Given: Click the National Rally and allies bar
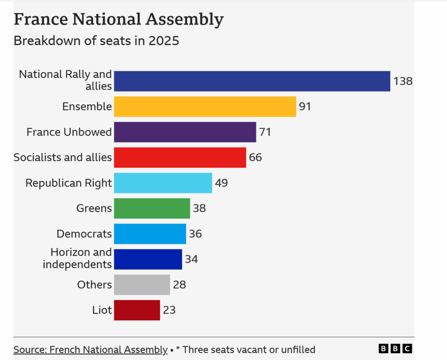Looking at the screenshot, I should click(x=252, y=81).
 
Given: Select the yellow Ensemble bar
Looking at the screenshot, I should click(x=205, y=107).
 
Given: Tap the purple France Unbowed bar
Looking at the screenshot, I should click(x=185, y=132).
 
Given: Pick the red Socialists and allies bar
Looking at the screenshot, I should click(x=180, y=157).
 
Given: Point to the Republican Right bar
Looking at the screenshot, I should click(x=163, y=183).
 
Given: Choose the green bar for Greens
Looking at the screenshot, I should click(x=152, y=208).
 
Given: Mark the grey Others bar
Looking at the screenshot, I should click(x=142, y=285).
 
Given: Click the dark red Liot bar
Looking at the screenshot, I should click(x=137, y=310).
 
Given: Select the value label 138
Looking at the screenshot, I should click(x=402, y=81).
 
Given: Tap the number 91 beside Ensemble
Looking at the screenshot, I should click(x=305, y=107).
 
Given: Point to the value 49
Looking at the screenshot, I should click(x=221, y=183).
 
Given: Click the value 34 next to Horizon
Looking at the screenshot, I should click(x=191, y=259).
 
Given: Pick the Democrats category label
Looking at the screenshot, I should click(x=84, y=234).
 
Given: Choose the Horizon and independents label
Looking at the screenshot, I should click(x=77, y=258).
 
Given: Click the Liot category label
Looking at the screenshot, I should click(x=103, y=310).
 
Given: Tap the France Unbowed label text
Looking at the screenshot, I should click(x=69, y=132).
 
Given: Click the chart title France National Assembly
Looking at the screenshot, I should click(x=118, y=20).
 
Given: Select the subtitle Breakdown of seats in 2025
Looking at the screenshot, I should click(x=96, y=41).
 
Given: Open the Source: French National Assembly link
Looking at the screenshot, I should click(x=90, y=350).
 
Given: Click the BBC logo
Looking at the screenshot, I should click(x=395, y=349).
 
